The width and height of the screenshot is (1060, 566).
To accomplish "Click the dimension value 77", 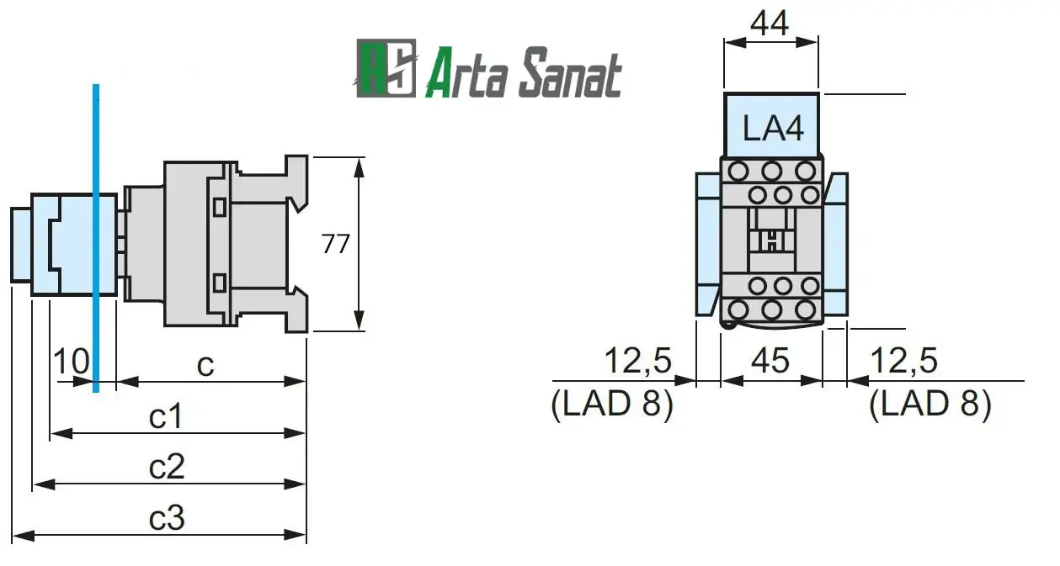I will (x=335, y=244).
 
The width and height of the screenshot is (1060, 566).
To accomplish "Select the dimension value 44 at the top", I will (x=770, y=23).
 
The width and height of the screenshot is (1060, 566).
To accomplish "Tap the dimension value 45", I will (x=770, y=361).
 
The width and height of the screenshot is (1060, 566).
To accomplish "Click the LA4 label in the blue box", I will (x=773, y=130).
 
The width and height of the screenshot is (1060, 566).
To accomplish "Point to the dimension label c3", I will (x=167, y=518).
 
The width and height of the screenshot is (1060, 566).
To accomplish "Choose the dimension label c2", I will (x=167, y=467).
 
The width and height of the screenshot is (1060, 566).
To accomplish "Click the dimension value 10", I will (x=72, y=362).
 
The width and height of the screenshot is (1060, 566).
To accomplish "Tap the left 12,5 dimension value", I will (x=638, y=361).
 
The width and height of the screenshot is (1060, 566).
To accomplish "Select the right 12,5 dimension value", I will (x=903, y=361).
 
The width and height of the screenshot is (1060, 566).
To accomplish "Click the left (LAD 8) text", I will (x=612, y=405).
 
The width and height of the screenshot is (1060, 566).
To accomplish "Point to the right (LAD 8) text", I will (x=930, y=405).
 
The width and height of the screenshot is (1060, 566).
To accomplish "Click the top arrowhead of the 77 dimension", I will (x=360, y=166).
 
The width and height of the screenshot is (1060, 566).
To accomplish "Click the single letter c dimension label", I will (x=205, y=364).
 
